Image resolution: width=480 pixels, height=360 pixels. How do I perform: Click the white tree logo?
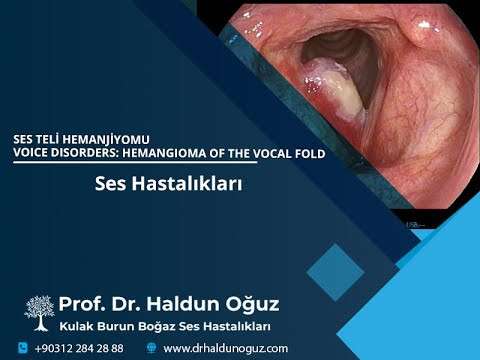[39, 313]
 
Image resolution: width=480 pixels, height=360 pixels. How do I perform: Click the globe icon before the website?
[151, 348]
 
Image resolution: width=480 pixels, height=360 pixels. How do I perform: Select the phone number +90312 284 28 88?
[79, 348]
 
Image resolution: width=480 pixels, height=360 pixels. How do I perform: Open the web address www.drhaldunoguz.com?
[225, 348]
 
